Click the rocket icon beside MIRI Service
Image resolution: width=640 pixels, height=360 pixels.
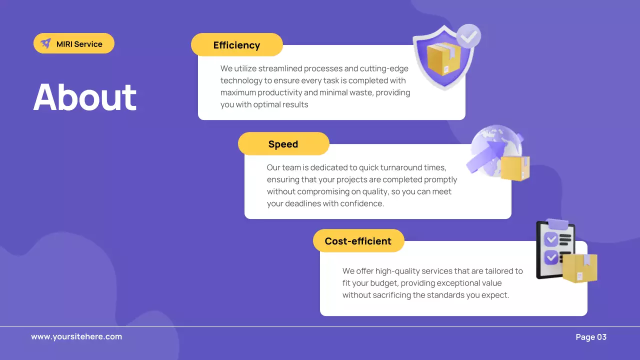click(46, 43)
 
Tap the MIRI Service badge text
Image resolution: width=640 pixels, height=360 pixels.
click(79, 44)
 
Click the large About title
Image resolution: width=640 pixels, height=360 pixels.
click(85, 97)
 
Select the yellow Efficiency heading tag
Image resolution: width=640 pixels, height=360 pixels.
click(236, 45)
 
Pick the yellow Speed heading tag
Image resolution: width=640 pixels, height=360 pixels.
click(283, 144)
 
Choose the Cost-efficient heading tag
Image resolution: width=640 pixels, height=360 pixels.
click(358, 241)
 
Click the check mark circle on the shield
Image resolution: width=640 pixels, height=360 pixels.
click(468, 36)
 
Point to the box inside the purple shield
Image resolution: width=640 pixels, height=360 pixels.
click(442, 58)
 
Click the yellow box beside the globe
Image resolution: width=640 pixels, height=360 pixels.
click(515, 168)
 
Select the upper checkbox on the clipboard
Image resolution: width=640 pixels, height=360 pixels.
click(551, 239)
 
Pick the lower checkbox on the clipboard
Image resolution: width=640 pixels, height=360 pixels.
click(551, 257)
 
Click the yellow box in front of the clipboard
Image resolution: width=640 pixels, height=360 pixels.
click(580, 268)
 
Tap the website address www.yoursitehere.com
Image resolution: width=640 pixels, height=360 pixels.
click(76, 336)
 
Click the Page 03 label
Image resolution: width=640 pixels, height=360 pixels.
click(591, 337)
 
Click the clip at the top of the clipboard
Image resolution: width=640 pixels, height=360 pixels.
click(557, 223)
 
